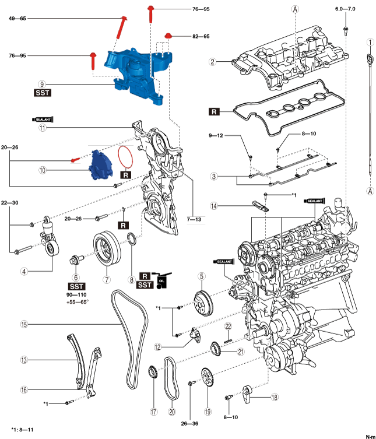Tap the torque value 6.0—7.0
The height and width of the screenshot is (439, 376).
(x=345, y=10)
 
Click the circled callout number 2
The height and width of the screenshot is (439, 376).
(x=213, y=61)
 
